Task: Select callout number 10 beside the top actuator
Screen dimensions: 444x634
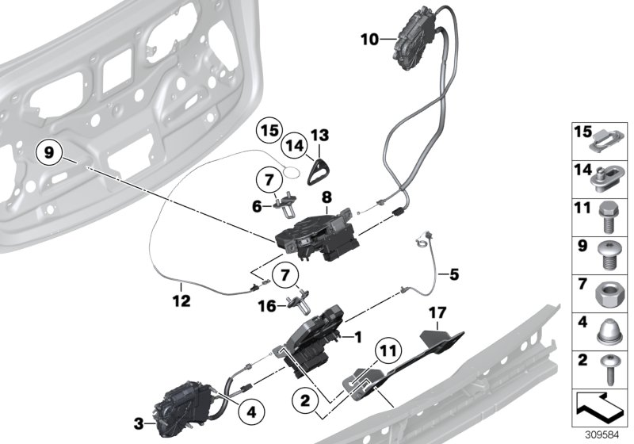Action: click(369, 37)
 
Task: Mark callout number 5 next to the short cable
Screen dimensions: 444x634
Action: click(454, 276)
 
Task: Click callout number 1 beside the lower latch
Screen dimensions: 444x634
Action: click(357, 336)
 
